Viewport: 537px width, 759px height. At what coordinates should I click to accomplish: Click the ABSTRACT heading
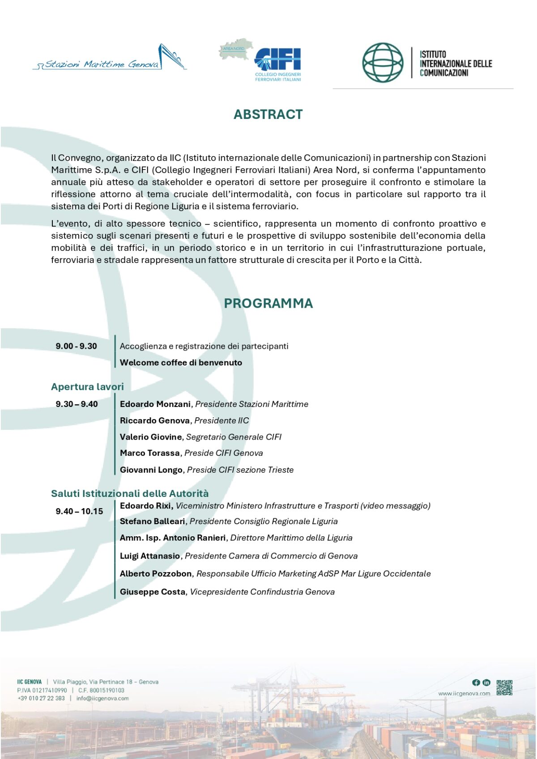tap(268, 114)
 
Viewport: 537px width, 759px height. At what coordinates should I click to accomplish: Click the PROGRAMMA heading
tap(268, 303)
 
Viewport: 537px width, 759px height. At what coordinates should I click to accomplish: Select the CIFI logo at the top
tap(277, 60)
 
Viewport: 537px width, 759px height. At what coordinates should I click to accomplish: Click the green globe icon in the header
tap(383, 63)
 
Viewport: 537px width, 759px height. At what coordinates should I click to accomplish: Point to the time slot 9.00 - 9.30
tap(76, 346)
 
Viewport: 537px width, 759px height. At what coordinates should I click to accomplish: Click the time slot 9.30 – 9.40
tap(77, 404)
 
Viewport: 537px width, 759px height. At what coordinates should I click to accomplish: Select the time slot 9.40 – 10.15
tap(79, 511)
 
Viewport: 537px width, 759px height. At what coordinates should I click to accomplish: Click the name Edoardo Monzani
tap(155, 404)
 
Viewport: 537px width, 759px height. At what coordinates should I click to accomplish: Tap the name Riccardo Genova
tap(154, 420)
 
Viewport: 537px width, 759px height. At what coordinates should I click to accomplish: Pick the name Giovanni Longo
tap(151, 470)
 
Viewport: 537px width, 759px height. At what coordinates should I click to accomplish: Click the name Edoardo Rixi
tap(146, 505)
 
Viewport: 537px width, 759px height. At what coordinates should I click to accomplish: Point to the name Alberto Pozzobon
tap(156, 573)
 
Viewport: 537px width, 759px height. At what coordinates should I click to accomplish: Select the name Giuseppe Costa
tap(152, 592)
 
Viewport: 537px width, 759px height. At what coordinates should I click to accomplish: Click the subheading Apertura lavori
tap(87, 386)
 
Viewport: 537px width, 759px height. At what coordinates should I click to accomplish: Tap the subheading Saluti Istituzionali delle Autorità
tap(130, 493)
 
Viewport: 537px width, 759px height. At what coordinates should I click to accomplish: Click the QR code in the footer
tap(504, 687)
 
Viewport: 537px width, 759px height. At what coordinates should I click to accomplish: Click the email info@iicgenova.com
tap(102, 698)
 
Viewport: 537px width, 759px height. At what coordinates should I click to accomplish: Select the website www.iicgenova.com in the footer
tap(464, 694)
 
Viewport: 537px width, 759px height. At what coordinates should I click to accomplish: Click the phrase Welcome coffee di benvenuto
tap(181, 363)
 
